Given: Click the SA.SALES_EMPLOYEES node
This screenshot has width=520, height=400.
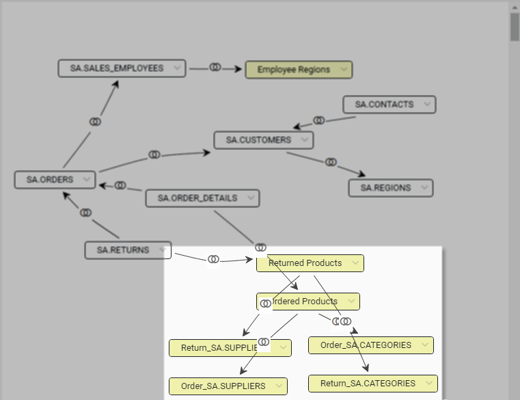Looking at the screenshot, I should click(x=116, y=68).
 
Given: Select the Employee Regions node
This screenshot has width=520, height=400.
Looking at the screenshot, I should click(x=293, y=70).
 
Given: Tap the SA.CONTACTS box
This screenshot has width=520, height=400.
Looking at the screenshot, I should click(x=384, y=105).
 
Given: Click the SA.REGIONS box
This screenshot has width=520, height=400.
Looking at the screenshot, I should click(x=385, y=188).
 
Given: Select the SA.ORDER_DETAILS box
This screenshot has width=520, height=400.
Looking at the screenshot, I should click(x=197, y=198).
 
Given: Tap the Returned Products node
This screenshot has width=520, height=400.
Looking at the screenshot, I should click(x=305, y=263).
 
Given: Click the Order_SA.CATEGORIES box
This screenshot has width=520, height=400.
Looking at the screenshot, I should click(x=366, y=345).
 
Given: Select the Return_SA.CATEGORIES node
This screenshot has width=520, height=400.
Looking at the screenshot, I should click(x=368, y=384).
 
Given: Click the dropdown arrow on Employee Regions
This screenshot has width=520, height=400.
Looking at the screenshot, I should click(x=342, y=70).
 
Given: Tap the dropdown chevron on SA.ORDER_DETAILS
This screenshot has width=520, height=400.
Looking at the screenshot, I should click(x=250, y=198).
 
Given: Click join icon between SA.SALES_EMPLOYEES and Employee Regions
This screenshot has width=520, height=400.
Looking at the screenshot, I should click(x=215, y=68).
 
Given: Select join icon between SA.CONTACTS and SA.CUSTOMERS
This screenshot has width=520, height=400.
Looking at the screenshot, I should click(x=319, y=120).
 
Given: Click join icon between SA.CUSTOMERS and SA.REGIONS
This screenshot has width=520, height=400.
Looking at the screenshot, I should click(x=331, y=162).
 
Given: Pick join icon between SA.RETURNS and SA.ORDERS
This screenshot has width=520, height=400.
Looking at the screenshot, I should click(x=85, y=213).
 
